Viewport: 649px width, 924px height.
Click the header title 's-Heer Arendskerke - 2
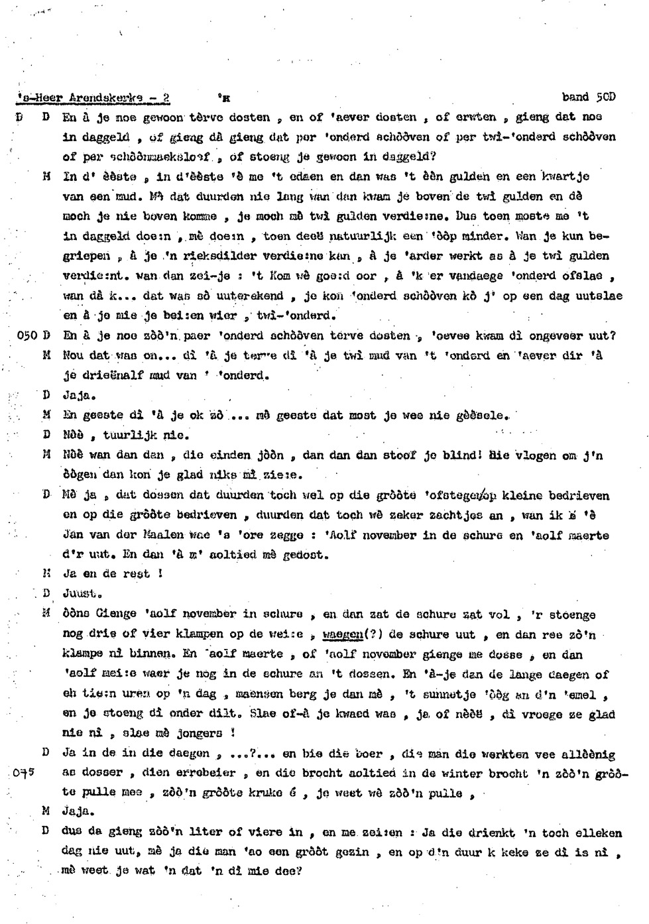[x=93, y=97]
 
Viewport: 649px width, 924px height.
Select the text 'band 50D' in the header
[x=589, y=97]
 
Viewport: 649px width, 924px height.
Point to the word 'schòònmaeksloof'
[x=159, y=157]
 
